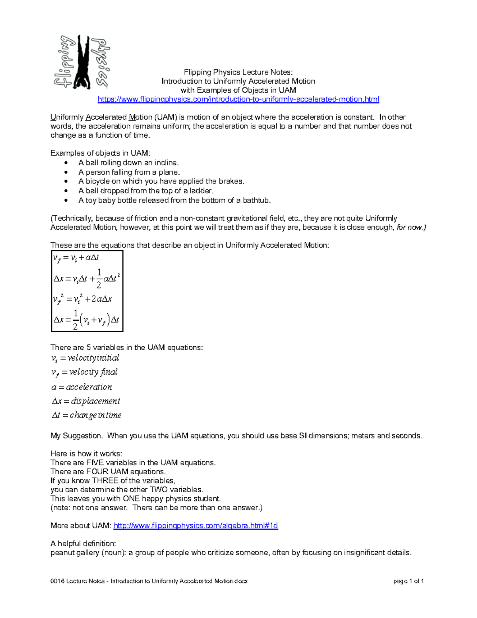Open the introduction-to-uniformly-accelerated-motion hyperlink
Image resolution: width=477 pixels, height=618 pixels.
(238, 99)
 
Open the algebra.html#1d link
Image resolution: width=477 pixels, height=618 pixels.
(196, 526)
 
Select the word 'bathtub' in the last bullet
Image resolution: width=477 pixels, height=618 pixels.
(256, 200)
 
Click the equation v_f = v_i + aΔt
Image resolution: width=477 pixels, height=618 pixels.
(76, 258)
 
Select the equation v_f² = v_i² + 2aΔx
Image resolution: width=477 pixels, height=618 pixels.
(82, 299)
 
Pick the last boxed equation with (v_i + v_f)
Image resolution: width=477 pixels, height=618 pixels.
(86, 320)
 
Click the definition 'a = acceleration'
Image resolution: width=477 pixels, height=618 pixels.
(81, 387)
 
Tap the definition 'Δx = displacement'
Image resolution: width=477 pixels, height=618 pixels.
(85, 401)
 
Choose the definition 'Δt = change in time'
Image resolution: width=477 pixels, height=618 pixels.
(86, 415)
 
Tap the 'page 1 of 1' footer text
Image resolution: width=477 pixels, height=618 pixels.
(408, 581)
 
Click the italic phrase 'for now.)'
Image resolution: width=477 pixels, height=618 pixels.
(411, 228)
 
